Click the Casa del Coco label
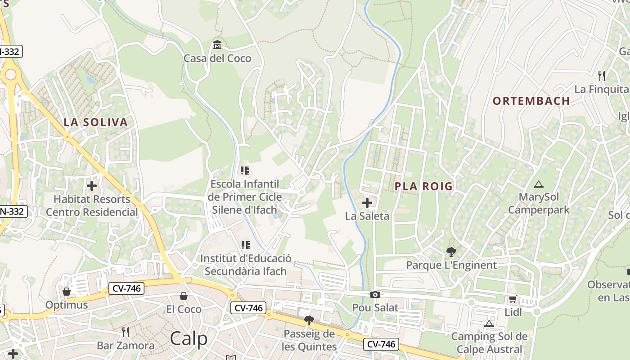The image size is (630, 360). [217, 58]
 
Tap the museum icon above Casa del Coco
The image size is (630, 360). [217, 45]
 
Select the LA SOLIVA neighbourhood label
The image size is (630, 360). [95, 122]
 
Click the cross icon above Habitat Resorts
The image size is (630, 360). [92, 185]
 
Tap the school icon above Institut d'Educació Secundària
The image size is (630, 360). [245, 245]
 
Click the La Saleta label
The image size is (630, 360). [367, 216]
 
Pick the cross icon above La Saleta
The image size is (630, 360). [367, 203]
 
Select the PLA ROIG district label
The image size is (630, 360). [423, 186]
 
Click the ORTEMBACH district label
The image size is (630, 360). [531, 101]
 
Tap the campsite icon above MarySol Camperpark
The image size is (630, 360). [538, 184]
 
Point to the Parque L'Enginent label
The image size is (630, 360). [451, 265]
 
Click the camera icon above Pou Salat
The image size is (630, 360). [375, 295]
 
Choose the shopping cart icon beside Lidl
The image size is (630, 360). [513, 299]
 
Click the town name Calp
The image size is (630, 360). [189, 339]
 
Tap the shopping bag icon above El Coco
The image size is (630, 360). [184, 296]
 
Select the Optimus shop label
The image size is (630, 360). [67, 305]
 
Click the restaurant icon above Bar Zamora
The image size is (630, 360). [126, 332]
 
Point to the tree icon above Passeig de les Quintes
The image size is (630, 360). [309, 320]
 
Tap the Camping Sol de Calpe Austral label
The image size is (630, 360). [489, 342]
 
